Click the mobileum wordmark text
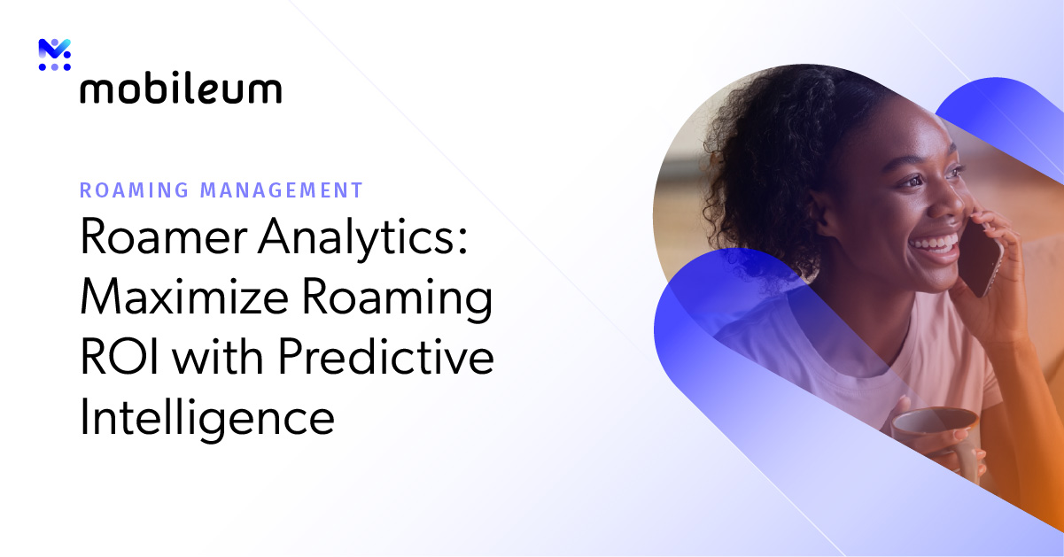tap(181, 89)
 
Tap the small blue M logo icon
tap(54, 55)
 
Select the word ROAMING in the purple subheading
tap(135, 190)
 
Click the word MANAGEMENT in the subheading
tap(282, 190)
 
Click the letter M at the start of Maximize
tap(100, 299)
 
